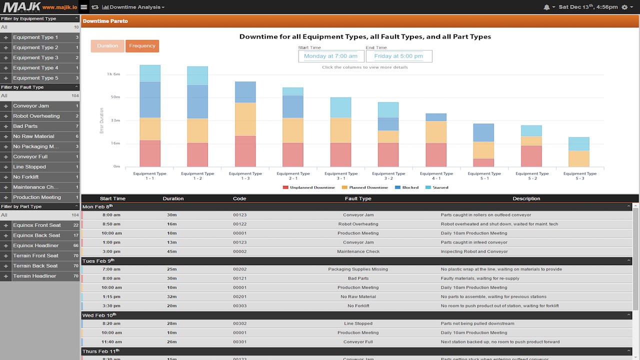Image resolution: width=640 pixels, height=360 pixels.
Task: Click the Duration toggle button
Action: [x=107, y=46]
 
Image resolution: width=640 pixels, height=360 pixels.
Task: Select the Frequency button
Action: [x=142, y=46]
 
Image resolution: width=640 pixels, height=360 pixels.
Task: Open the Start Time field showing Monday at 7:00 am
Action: [x=330, y=56]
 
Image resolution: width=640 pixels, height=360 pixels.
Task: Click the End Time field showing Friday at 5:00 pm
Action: [x=398, y=56]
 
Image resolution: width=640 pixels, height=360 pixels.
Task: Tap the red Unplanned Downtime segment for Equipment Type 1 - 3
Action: [x=245, y=151]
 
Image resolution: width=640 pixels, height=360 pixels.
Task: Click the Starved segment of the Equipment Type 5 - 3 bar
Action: [x=579, y=144]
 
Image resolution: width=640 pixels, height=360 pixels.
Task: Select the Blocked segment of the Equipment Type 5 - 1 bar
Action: [x=483, y=132]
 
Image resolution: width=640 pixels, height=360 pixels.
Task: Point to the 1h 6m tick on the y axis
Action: [x=113, y=74]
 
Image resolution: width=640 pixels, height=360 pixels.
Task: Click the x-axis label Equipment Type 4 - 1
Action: [x=436, y=175]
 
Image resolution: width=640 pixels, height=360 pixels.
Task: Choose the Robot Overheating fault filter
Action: [x=36, y=116]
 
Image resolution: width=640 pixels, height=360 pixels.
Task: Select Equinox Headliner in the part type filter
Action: [x=36, y=245]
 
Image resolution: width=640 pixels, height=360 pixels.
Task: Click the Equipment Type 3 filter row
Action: [x=35, y=57]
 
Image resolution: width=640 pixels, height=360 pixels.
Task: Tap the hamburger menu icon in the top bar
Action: [x=83, y=7]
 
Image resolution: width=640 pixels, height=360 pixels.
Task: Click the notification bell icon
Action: [x=546, y=7]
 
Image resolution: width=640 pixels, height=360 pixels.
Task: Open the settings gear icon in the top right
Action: [x=624, y=7]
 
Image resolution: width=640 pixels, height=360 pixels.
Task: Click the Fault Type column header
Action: [x=358, y=198]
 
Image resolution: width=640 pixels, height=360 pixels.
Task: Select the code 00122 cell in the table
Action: [x=239, y=224]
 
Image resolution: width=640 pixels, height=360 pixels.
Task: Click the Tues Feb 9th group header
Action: [x=98, y=260]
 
